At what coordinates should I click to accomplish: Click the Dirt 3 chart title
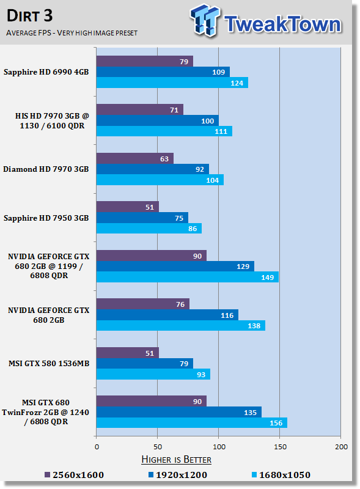point(29,16)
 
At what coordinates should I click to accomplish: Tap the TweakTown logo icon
point(205,20)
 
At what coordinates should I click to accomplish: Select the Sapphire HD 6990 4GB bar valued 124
point(172,83)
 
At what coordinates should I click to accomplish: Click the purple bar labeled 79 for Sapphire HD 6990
point(145,61)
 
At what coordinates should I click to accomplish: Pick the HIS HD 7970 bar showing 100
point(158,120)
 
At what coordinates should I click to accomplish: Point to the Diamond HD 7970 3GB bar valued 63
point(134,158)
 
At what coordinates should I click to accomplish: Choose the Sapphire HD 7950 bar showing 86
point(149,228)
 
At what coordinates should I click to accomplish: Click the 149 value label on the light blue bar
point(267,278)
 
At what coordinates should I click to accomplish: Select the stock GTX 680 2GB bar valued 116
point(167,315)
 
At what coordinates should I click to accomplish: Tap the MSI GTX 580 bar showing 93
point(153,374)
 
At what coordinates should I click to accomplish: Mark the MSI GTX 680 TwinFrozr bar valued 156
point(192,423)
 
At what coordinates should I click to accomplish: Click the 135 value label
point(250,412)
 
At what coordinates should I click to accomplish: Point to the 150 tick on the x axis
point(280,447)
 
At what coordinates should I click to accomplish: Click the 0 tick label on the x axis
point(97,447)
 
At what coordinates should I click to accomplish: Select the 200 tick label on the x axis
point(341,447)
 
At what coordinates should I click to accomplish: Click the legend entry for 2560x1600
point(74,475)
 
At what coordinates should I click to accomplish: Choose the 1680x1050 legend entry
point(281,475)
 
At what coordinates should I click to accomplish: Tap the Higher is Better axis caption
point(176,460)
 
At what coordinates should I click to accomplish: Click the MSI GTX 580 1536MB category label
point(49,363)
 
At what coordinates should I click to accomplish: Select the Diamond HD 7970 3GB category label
point(46,169)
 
